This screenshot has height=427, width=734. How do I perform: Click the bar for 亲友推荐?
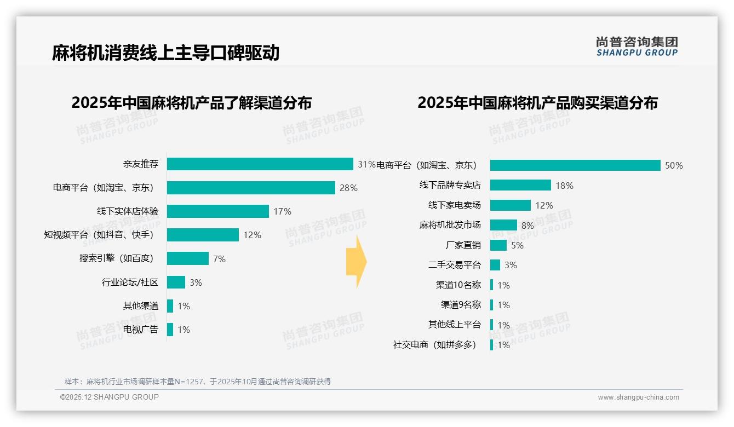[260, 164]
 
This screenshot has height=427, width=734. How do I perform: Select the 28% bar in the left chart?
[251, 188]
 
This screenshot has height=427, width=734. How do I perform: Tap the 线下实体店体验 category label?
[128, 211]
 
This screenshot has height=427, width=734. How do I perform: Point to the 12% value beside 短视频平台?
[252, 235]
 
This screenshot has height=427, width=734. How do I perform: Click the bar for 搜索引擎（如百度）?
[188, 258]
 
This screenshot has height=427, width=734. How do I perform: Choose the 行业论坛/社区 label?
[130, 282]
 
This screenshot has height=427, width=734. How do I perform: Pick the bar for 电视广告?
[170, 330]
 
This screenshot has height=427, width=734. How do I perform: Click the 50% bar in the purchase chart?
[575, 165]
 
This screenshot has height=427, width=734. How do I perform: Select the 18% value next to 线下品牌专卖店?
[564, 186]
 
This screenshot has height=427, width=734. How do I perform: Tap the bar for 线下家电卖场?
[511, 205]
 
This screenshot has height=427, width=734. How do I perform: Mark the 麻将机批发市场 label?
[450, 225]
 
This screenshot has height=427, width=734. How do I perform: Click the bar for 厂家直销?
[498, 245]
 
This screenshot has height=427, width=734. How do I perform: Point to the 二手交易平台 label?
[454, 265]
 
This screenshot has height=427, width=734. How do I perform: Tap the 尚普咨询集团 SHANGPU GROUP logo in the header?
[637, 47]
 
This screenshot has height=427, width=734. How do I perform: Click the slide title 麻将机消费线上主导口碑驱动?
[165, 53]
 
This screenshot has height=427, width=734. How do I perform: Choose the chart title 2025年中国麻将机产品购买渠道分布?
[537, 103]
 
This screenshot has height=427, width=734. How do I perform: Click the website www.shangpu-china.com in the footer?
[638, 397]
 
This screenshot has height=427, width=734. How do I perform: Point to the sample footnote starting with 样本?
[198, 382]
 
